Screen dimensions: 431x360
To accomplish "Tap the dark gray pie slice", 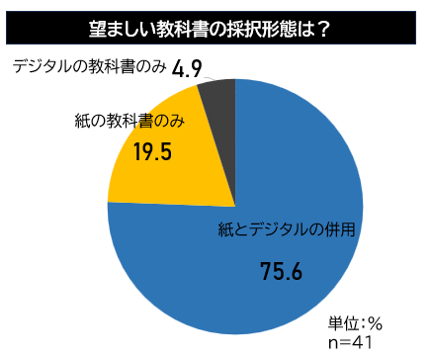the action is click(220, 132).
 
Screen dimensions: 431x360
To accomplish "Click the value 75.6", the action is click(281, 272).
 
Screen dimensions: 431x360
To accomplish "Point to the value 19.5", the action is click(152, 152).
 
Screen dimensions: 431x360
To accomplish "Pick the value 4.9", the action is click(187, 69).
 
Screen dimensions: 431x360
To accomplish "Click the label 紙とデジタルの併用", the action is click(287, 229).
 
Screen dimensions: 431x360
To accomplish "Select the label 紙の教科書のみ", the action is click(129, 121).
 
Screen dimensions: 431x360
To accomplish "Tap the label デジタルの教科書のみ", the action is click(90, 67).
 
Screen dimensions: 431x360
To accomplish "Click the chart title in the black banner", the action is click(210, 30).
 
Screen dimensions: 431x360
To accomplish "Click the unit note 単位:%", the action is click(355, 323).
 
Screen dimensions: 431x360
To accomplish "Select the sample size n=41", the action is click(350, 343).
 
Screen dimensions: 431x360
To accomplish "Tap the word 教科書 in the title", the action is click(182, 30).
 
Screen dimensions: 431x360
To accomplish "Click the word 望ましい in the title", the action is click(123, 30).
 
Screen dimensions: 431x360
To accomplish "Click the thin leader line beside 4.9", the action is click(210, 78).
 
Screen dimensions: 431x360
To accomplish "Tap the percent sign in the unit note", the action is click(376, 323).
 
